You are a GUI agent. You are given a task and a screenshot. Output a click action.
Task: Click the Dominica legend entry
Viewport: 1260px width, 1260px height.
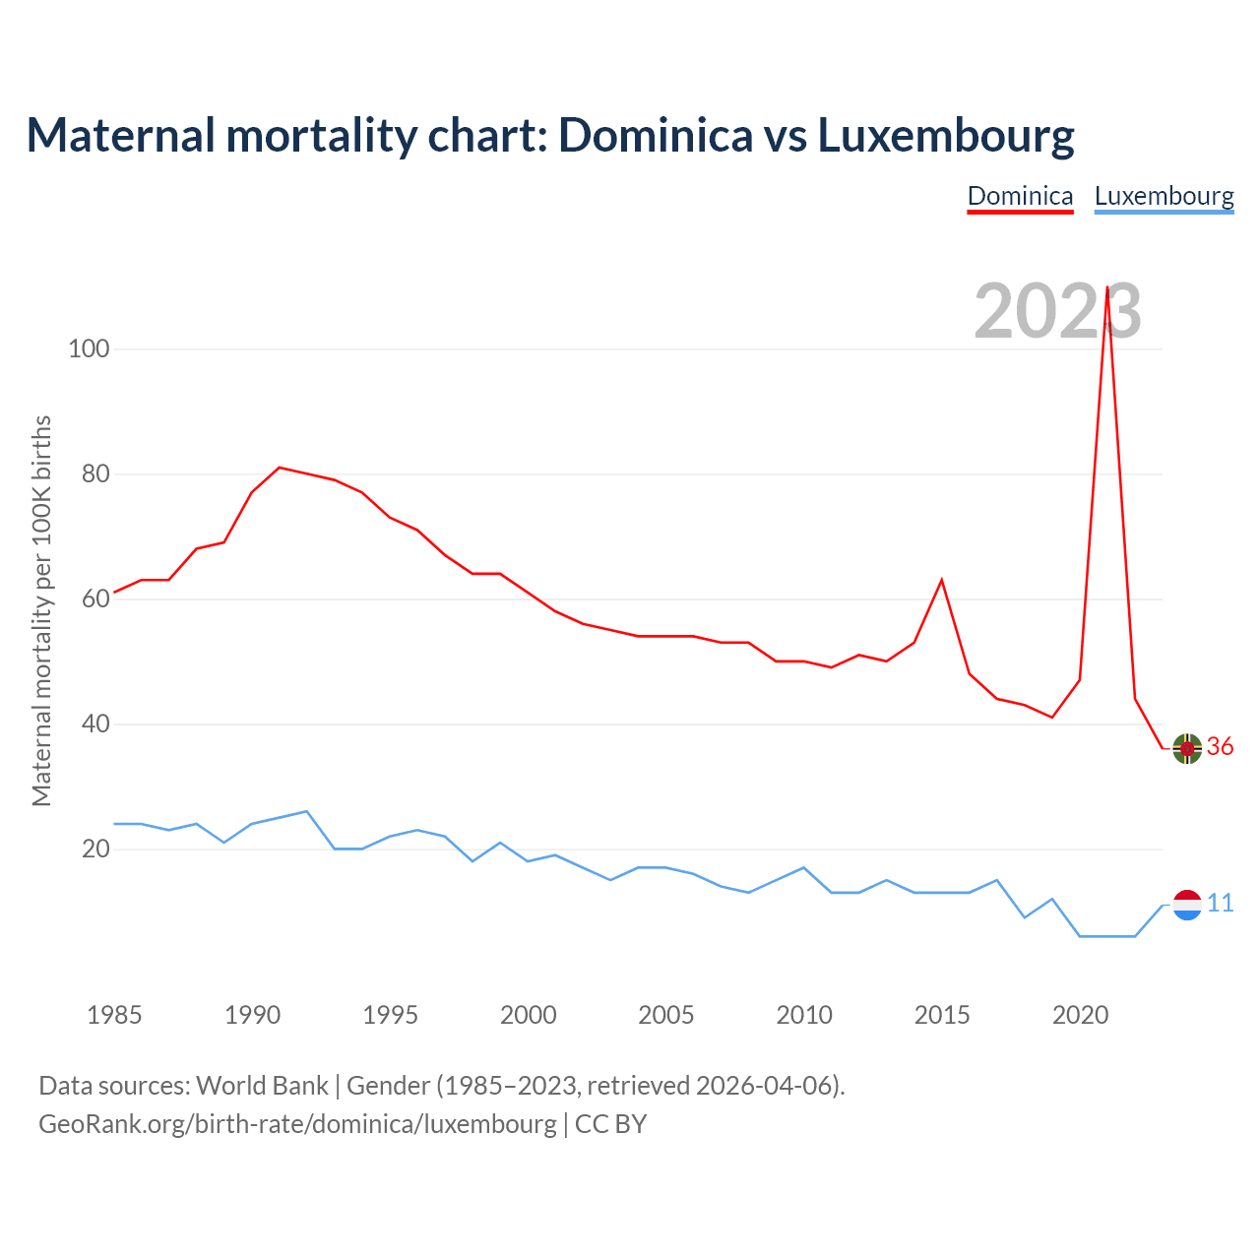1020,196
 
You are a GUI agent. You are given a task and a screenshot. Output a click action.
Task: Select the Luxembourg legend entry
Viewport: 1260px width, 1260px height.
1164,196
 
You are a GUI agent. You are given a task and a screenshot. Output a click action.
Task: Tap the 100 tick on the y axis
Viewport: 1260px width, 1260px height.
89,348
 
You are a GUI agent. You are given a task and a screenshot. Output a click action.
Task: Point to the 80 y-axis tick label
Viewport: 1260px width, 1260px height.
95,473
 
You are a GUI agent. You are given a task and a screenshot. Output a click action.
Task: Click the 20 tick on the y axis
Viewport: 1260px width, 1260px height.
95,849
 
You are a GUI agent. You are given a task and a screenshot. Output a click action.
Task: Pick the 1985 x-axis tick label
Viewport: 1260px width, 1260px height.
114,1015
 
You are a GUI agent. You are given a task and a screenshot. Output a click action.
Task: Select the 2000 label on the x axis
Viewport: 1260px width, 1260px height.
528,1015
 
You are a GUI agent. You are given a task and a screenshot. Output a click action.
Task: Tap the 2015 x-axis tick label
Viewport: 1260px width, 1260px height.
942,1015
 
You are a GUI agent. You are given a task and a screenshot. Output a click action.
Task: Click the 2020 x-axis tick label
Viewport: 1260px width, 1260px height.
1080,1015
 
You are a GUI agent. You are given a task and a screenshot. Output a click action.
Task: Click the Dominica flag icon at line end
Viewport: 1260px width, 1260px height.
1187,748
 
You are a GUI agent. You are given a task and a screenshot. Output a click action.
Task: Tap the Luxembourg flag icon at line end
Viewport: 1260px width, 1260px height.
1187,904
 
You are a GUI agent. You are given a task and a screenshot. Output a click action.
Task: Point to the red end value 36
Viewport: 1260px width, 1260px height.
1221,747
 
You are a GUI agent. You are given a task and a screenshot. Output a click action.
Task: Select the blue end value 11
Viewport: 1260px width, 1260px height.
1221,904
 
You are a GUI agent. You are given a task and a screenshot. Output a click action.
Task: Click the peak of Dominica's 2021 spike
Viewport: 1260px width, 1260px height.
1107,287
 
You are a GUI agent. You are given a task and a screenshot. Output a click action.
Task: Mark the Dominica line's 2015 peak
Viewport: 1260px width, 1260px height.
942,580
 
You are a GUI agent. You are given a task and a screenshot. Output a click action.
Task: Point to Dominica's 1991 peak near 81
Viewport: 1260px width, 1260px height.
280,468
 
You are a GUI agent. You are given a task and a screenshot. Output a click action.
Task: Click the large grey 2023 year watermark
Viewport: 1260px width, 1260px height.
1057,311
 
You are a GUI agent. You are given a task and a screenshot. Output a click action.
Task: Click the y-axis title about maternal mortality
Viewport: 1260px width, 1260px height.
42,610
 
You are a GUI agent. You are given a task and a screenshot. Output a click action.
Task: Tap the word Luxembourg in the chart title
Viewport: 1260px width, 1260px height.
946,135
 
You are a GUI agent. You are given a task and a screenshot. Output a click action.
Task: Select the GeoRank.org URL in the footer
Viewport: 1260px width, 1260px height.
297,1124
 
